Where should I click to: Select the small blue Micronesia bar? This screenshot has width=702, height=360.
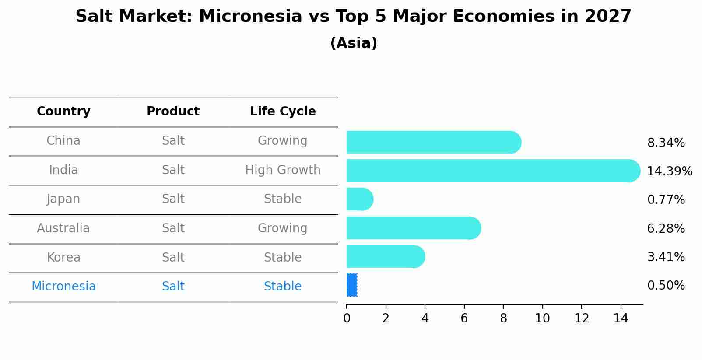coord(352,285)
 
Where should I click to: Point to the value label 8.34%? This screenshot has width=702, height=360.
coord(666,143)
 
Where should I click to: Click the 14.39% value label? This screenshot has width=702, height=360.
coord(669,171)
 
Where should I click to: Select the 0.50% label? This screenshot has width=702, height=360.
coord(666,286)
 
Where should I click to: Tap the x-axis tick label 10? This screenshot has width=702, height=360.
coord(542,318)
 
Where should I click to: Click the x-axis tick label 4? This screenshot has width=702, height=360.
coord(425,318)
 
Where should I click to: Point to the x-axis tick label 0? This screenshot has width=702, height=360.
coord(347,318)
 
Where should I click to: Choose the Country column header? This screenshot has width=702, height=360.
coord(63,112)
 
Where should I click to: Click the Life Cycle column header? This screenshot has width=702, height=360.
coord(283,112)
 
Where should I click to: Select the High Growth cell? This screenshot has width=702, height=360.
coord(283,170)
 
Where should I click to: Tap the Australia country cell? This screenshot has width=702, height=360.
coord(63,228)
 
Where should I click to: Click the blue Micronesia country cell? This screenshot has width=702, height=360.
coord(63,287)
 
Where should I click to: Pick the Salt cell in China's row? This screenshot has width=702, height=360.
coord(173,141)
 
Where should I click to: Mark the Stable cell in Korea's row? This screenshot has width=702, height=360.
coord(283,258)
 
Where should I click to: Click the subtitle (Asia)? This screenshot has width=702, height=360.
coord(354,43)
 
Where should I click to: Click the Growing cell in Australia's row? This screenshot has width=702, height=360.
coord(283,228)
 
